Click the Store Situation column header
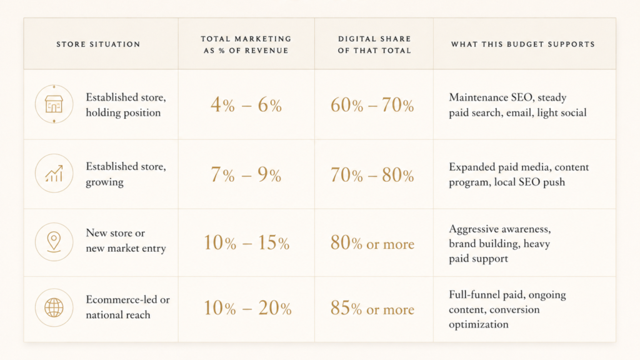click(x=98, y=44)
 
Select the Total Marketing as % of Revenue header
click(x=246, y=44)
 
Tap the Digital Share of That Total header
click(x=374, y=44)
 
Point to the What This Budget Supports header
click(x=523, y=44)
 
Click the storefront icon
click(x=54, y=104)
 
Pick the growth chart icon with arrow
click(x=54, y=174)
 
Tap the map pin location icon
click(x=54, y=242)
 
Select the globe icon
click(x=54, y=307)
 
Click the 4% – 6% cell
click(x=246, y=105)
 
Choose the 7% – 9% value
click(x=246, y=175)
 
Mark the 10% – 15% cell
click(x=246, y=242)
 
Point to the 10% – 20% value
click(x=247, y=307)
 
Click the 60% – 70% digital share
click(x=372, y=105)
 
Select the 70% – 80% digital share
click(x=372, y=175)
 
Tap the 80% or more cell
click(x=372, y=243)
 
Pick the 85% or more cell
click(x=372, y=308)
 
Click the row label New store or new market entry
click(x=126, y=241)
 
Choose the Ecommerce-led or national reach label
click(x=127, y=307)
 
